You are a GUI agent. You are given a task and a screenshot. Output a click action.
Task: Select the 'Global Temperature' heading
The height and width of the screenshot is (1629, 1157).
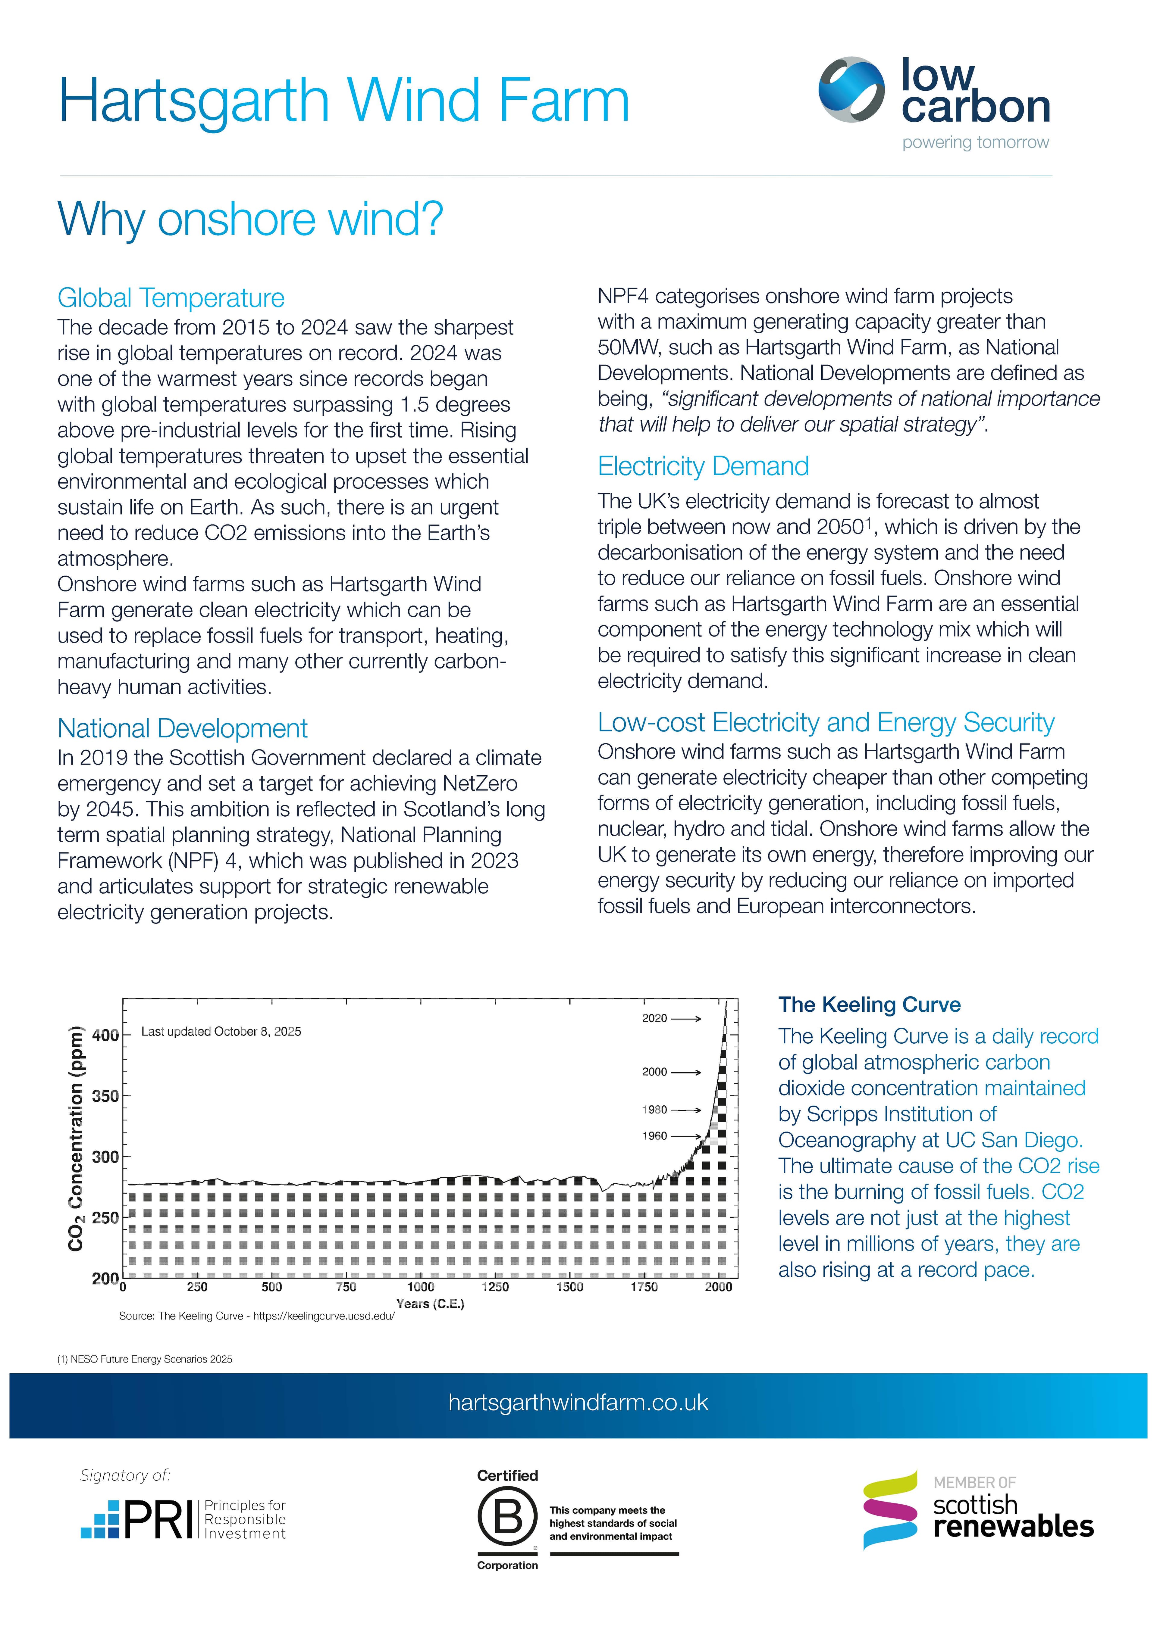tap(171, 297)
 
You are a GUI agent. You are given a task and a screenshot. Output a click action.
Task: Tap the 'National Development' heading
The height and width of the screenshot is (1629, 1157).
tap(182, 728)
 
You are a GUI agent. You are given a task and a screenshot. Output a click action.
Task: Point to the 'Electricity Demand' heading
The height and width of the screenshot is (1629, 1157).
tap(703, 466)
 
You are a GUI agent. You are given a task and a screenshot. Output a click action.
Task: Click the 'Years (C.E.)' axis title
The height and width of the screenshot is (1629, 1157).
tap(430, 1304)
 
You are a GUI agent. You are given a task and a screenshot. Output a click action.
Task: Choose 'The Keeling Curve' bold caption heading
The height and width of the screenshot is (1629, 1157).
tap(869, 1004)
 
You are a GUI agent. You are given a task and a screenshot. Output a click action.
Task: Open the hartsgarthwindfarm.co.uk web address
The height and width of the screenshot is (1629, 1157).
tap(578, 1403)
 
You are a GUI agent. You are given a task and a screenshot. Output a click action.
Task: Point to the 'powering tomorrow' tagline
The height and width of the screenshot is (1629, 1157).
tap(975, 142)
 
